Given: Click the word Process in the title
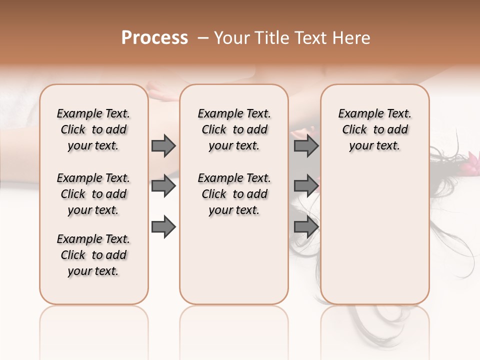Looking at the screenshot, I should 154,38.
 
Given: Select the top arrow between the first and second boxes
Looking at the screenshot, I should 163,146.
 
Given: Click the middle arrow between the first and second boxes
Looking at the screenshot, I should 163,186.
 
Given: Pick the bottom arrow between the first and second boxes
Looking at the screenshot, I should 163,226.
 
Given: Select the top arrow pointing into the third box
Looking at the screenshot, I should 306,146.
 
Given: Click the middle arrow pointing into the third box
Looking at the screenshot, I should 306,186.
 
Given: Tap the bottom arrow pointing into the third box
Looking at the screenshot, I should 306,226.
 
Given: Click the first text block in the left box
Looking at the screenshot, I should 93,129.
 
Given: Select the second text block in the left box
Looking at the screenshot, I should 93,194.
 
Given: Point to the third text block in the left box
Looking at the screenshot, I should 93,255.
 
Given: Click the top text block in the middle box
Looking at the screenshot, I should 234,129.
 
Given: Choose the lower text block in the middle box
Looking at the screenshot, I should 234,194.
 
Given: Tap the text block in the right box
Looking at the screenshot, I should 374,129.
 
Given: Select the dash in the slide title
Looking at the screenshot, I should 203,38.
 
